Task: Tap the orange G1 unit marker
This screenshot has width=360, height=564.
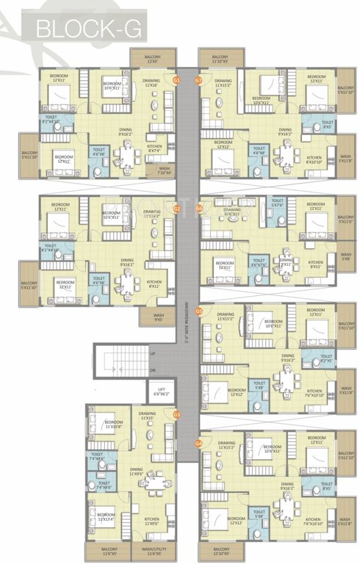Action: click(176, 79)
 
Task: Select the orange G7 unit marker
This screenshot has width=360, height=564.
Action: click(198, 79)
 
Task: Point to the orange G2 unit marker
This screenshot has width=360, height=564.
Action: click(176, 209)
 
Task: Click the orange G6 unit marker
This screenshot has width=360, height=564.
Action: click(198, 209)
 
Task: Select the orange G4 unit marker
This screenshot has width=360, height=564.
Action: click(198, 444)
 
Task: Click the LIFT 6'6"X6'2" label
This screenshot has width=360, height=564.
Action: click(161, 392)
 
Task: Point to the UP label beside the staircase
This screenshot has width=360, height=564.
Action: click(153, 354)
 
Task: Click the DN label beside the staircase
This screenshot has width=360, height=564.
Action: click(153, 370)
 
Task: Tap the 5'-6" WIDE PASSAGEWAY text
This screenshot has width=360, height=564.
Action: click(187, 323)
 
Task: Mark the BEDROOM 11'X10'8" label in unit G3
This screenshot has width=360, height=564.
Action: click(113, 424)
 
